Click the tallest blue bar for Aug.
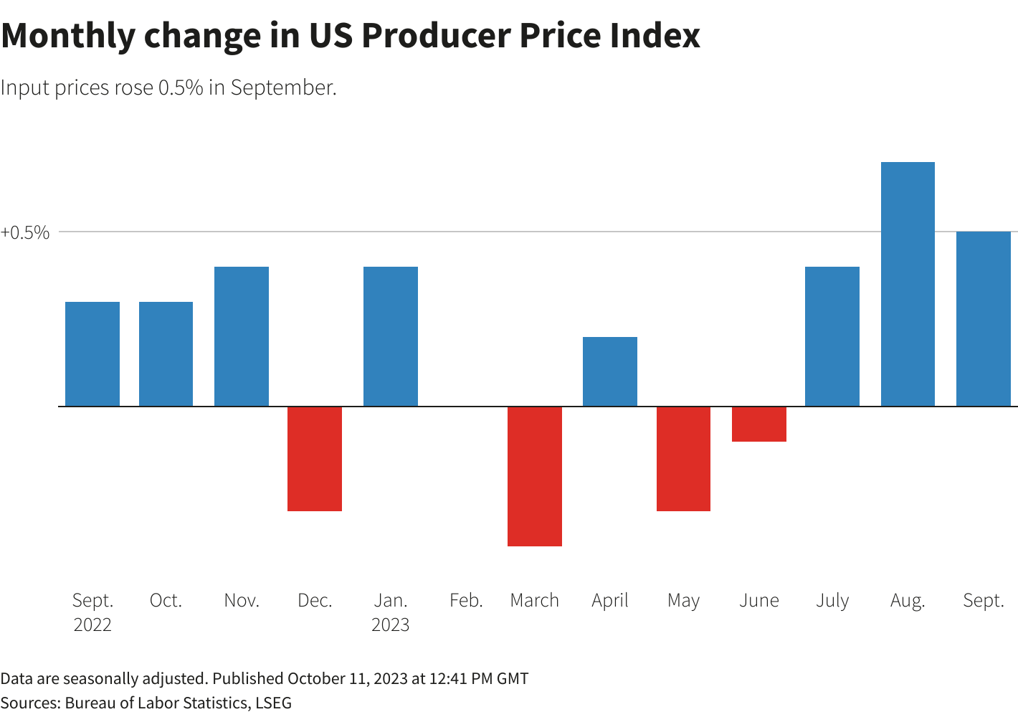pyautogui.click(x=908, y=284)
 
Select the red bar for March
pyautogui.click(x=535, y=476)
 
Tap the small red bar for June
pyautogui.click(x=759, y=424)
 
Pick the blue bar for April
pyautogui.click(x=610, y=371)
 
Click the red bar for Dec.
pyautogui.click(x=315, y=459)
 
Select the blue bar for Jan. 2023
pyautogui.click(x=391, y=336)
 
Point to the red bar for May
pyautogui.click(x=683, y=459)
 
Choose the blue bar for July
pyautogui.click(x=832, y=336)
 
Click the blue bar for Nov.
pyautogui.click(x=242, y=336)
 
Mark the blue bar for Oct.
pyautogui.click(x=166, y=354)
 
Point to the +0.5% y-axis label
pyautogui.click(x=26, y=232)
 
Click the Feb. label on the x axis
pyautogui.click(x=466, y=600)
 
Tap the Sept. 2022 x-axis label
pyautogui.click(x=93, y=612)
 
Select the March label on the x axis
pyautogui.click(x=535, y=600)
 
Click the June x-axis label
pyautogui.click(x=759, y=600)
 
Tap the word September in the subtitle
pyautogui.click(x=283, y=87)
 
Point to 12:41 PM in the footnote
pyautogui.click(x=459, y=678)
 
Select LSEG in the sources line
pyautogui.click(x=274, y=703)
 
